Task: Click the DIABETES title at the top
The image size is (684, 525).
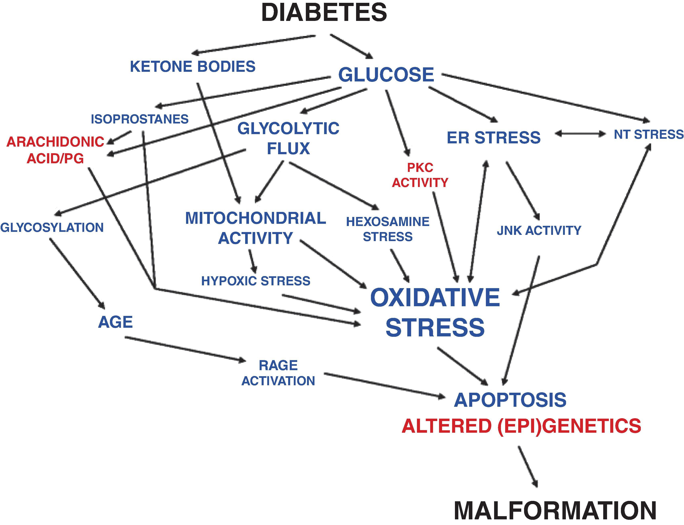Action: click(324, 13)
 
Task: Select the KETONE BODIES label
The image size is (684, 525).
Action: click(193, 67)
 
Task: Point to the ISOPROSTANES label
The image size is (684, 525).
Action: click(140, 119)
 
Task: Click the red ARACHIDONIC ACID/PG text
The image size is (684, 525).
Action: click(55, 150)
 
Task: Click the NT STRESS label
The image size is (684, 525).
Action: click(648, 134)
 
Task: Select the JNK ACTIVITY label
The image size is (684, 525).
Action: click(539, 230)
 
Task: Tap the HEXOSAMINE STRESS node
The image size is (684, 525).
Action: click(388, 229)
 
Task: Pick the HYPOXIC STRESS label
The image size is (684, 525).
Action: click(255, 281)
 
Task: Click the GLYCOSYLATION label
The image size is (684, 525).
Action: click(52, 227)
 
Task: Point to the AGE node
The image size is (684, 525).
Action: click(115, 322)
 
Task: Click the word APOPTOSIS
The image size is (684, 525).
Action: click(510, 400)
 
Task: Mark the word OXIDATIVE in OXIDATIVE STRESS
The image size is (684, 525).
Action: click(435, 298)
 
